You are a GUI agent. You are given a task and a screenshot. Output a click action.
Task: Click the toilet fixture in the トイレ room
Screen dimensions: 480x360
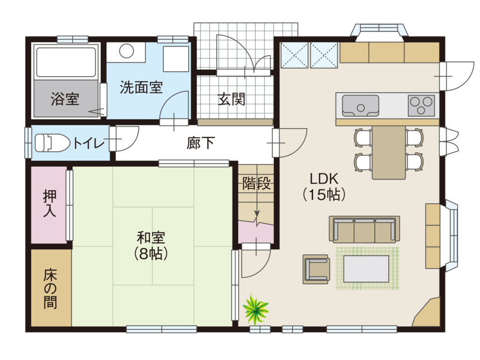click(52, 142)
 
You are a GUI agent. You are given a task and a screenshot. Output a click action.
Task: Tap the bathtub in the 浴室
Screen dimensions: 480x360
click(66, 62)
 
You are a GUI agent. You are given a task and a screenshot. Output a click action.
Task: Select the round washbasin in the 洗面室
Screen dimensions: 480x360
click(126, 51)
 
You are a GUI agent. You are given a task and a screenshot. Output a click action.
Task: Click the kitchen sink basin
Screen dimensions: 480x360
click(360, 106)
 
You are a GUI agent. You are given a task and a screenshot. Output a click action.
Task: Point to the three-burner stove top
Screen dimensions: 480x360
click(421, 105)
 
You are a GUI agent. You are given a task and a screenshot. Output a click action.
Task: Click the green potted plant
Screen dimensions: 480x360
click(255, 309)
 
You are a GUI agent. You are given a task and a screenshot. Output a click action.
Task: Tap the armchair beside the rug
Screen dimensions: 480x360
click(316, 270)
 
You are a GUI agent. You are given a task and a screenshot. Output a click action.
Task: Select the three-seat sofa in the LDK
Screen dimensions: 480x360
click(364, 229)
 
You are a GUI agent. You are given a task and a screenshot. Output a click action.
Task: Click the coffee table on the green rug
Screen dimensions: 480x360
click(366, 269)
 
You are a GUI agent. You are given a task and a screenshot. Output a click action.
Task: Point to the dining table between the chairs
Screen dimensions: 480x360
click(389, 152)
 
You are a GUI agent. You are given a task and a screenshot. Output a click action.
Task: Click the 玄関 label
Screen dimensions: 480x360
click(232, 99)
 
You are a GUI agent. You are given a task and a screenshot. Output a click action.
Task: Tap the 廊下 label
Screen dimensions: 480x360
click(201, 142)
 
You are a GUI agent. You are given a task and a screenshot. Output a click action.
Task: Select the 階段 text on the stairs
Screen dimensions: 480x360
click(256, 183)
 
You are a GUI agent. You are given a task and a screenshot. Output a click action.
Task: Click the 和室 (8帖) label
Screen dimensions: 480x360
click(151, 246)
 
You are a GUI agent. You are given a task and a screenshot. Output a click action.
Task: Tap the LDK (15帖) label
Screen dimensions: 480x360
click(324, 186)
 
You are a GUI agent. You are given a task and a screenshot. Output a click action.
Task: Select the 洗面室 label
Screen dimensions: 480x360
click(141, 87)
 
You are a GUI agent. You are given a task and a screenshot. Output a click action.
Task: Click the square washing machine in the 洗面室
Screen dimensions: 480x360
click(176, 59)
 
